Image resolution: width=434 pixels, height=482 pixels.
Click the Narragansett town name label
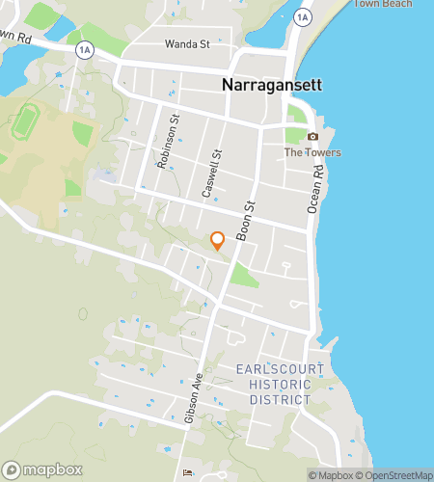click(273, 84)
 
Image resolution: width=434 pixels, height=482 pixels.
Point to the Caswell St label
click(212, 173)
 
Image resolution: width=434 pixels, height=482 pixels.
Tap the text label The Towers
click(312, 152)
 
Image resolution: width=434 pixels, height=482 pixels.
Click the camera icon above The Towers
click(312, 137)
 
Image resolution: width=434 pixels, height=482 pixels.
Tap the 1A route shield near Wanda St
click(85, 48)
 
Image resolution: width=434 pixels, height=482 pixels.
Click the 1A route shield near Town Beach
click(303, 17)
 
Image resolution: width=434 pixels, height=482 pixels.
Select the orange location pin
click(218, 240)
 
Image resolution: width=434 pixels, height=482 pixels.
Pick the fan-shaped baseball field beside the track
click(84, 132)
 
